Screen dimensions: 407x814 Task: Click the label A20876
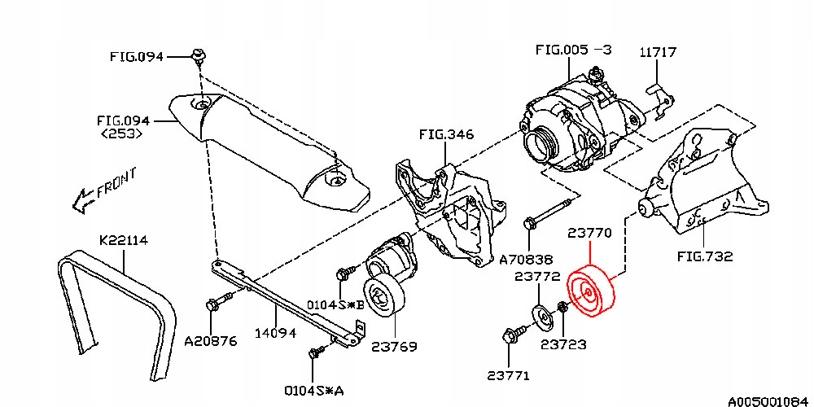[x=209, y=341]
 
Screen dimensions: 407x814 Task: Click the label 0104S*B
[x=335, y=305]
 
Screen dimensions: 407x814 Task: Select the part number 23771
[x=509, y=375]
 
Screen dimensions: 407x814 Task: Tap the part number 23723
[x=563, y=345]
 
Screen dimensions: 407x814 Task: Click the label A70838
[x=526, y=260]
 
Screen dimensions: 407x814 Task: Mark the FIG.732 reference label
[x=705, y=256]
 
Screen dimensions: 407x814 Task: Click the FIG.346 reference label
[x=446, y=134]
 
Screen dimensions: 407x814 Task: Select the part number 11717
[x=657, y=52]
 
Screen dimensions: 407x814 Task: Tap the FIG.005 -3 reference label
[x=574, y=50]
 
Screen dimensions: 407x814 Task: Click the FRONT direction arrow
[x=84, y=198]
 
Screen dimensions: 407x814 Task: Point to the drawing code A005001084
[x=769, y=400]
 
